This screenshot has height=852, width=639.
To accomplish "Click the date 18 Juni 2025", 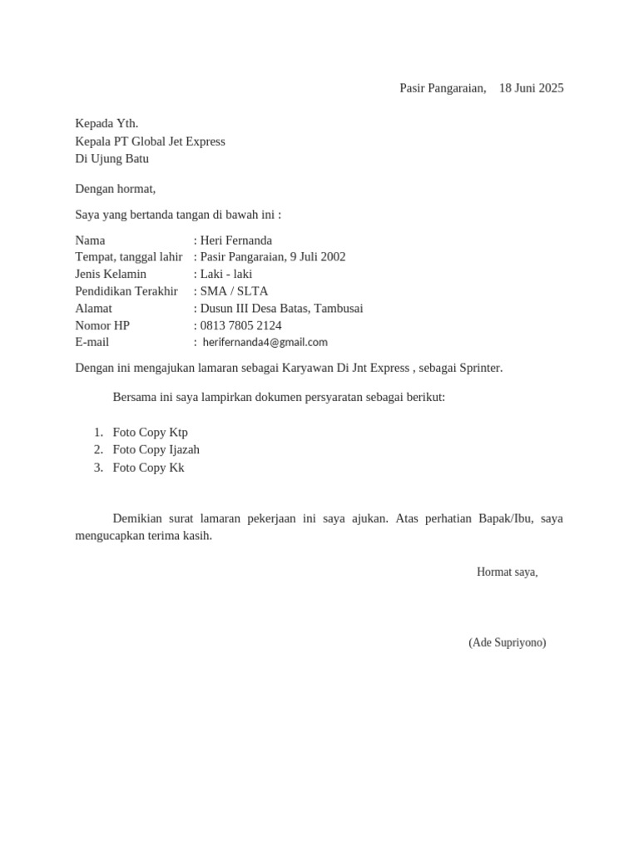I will (531, 88).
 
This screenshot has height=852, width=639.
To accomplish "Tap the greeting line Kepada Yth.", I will (106, 124).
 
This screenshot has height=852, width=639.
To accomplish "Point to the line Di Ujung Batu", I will (112, 159).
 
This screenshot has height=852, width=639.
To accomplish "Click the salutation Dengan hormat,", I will (115, 189).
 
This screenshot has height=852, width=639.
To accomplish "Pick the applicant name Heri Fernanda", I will (236, 240).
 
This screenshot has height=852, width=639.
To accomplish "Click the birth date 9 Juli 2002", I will (318, 257).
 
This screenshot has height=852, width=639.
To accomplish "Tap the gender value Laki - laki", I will (226, 274).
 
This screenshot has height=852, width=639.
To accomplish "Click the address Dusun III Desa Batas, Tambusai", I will (281, 308).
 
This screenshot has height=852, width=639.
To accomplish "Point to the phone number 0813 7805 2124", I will (240, 325).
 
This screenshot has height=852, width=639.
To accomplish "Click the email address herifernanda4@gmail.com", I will (265, 342).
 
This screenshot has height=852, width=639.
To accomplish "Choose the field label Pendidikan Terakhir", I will (126, 291).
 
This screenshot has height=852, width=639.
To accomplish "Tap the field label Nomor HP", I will (102, 325).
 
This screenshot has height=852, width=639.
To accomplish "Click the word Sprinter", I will (478, 368).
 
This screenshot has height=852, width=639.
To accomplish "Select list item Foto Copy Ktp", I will (150, 433).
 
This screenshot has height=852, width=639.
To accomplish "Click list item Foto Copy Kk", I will (148, 468).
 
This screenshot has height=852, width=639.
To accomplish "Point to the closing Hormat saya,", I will (507, 572).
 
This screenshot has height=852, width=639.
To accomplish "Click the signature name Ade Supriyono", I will (508, 642).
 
